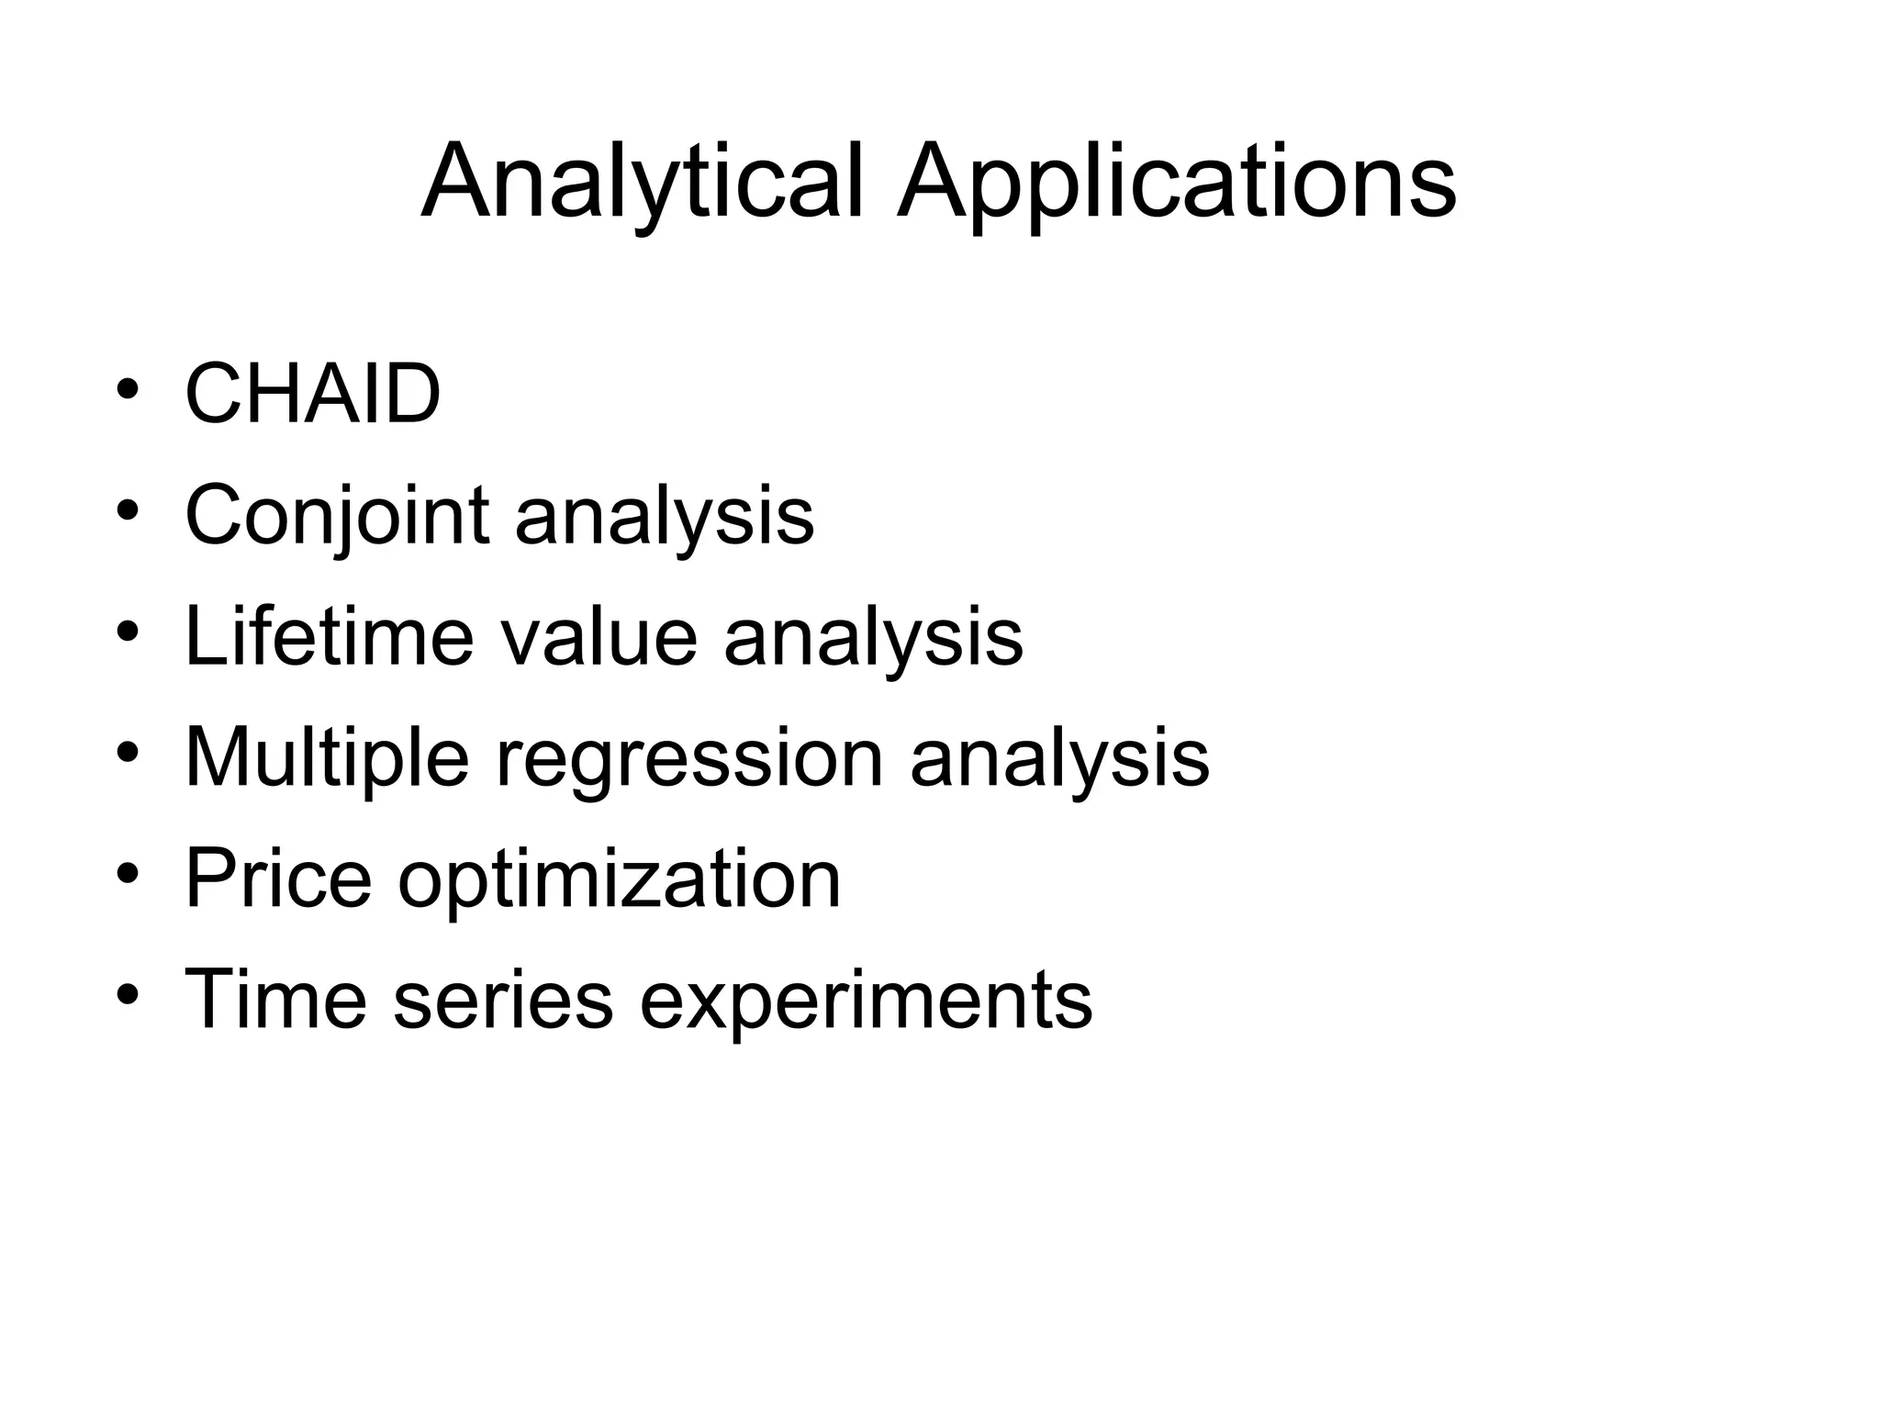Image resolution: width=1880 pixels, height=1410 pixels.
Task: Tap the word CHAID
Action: tap(313, 395)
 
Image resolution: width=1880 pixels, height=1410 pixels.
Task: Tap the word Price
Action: tap(278, 878)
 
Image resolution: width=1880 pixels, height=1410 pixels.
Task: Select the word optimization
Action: tap(620, 878)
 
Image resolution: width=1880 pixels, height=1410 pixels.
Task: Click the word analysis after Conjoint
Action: tap(664, 516)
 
